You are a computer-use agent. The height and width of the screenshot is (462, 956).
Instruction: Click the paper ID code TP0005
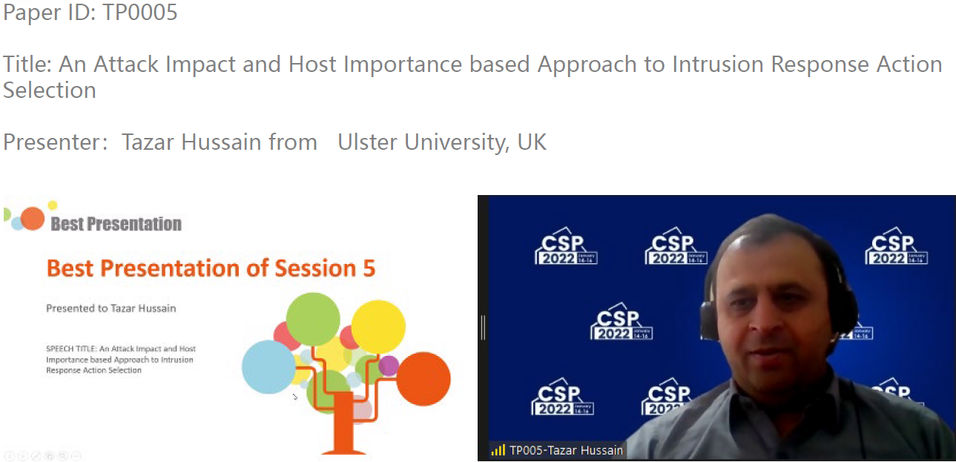pyautogui.click(x=140, y=12)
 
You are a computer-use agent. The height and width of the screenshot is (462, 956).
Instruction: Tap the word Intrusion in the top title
pyautogui.click(x=718, y=65)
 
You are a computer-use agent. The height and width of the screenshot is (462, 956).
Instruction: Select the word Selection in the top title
pyautogui.click(x=50, y=90)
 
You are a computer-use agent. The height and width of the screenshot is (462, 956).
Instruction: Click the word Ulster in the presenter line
pyautogui.click(x=367, y=142)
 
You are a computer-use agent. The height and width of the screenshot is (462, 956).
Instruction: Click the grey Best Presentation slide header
pyautogui.click(x=116, y=224)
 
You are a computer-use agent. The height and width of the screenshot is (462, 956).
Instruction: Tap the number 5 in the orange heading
pyautogui.click(x=369, y=268)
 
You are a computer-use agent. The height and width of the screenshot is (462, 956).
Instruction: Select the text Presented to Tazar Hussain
pyautogui.click(x=111, y=308)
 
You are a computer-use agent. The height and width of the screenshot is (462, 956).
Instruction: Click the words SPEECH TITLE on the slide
pyautogui.click(x=72, y=349)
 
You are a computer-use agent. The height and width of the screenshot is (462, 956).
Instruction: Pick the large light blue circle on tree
pyautogui.click(x=268, y=367)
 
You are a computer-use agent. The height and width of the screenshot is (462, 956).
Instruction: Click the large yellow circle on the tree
pyautogui.click(x=378, y=327)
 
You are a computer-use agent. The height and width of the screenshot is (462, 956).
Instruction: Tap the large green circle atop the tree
pyautogui.click(x=313, y=319)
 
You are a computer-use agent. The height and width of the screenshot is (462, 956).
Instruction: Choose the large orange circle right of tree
pyautogui.click(x=423, y=379)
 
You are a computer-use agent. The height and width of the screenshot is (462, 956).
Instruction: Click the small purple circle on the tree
pyautogui.click(x=389, y=366)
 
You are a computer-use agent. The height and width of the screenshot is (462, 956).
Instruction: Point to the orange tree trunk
pyautogui.click(x=343, y=423)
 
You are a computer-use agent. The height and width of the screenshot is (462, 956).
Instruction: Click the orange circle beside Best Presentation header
pyautogui.click(x=33, y=219)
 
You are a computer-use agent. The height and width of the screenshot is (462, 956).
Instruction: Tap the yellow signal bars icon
pyautogui.click(x=498, y=449)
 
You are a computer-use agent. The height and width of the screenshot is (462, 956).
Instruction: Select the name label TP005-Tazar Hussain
pyautogui.click(x=567, y=450)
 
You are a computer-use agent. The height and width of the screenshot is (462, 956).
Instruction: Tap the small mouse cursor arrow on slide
pyautogui.click(x=295, y=397)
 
